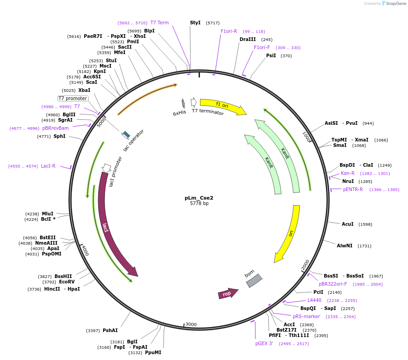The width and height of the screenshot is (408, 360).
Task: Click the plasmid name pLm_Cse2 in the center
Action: pyautogui.click(x=199, y=197)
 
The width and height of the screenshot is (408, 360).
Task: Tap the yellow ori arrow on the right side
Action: pyautogui.click(x=289, y=234)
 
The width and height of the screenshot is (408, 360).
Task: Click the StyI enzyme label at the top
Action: pyautogui.click(x=195, y=23)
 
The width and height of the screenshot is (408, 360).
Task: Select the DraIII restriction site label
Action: pyautogui.click(x=247, y=39)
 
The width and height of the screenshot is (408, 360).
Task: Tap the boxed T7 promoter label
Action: pyautogui.click(x=73, y=98)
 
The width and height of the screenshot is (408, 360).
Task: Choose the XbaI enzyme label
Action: pyautogui.click(x=84, y=90)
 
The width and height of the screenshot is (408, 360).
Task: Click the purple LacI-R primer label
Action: pyautogui.click(x=48, y=166)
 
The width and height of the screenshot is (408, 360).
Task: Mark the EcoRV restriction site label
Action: pyautogui.click(x=67, y=282)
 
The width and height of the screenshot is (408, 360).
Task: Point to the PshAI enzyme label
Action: pyautogui.click(x=110, y=330)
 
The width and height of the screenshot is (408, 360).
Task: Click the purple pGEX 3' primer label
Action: pyautogui.click(x=264, y=343)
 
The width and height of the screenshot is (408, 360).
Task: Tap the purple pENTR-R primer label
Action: pyautogui.click(x=353, y=189)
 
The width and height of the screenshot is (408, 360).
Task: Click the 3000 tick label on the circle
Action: pyautogui.click(x=191, y=324)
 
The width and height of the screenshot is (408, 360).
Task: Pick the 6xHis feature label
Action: pyautogui.click(x=179, y=113)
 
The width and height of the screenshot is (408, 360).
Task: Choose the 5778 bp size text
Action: pyautogui.click(x=199, y=204)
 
